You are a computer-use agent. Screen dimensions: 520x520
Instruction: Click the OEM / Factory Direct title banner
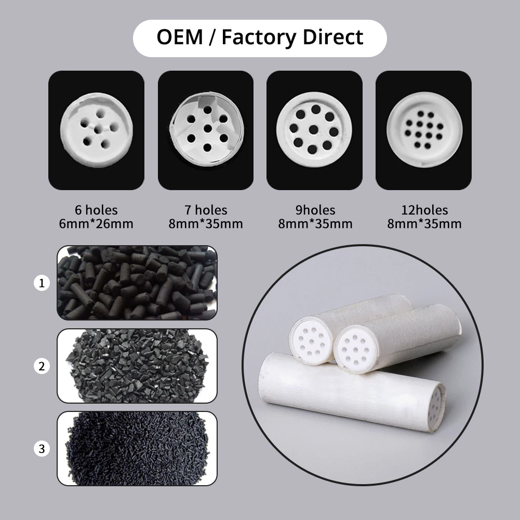260,38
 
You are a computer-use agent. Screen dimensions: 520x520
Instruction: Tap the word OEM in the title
180,38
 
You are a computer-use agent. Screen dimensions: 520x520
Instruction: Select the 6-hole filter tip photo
96,130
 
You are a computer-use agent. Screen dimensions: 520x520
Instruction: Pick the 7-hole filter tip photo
206,130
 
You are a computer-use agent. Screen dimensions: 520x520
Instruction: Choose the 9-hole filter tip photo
314,130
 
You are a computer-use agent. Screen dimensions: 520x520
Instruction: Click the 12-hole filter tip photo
423,130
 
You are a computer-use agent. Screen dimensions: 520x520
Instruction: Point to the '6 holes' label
96,210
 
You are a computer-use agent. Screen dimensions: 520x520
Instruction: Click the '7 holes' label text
206,210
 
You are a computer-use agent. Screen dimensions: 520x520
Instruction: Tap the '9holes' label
315,210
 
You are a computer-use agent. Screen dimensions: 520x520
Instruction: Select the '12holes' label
424,210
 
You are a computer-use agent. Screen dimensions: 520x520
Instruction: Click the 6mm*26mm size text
96,224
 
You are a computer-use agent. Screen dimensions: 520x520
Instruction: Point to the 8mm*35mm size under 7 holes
206,224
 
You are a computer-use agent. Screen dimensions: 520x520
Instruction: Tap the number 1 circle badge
42,283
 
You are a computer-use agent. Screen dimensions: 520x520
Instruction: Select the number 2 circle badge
42,366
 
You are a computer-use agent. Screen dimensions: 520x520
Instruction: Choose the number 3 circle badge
42,448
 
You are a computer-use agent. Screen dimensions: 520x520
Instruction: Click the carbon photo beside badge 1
137,283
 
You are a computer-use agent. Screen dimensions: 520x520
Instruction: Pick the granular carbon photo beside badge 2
137,366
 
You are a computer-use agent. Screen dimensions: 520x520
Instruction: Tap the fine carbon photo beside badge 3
137,448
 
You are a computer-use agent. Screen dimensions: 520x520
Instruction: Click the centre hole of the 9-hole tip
314,129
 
